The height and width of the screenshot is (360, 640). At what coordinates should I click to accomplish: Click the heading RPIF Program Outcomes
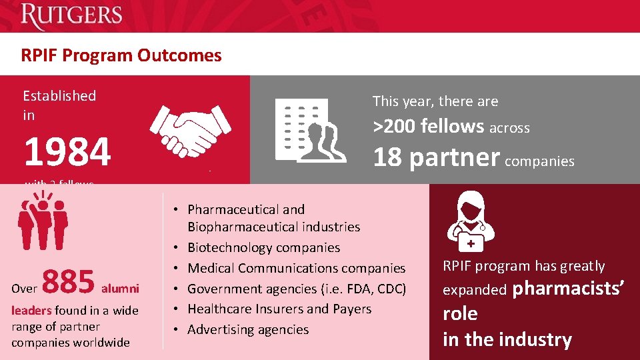[121, 55]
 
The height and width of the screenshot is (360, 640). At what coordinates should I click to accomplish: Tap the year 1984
[67, 152]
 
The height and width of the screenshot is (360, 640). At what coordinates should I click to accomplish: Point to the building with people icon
[311, 130]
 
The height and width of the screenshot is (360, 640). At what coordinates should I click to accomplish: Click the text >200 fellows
[428, 125]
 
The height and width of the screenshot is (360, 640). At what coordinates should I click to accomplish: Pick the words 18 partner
[436, 157]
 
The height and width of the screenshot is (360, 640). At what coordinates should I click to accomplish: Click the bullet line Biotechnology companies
[263, 247]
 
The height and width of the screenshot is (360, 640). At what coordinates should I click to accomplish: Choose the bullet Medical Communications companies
[296, 268]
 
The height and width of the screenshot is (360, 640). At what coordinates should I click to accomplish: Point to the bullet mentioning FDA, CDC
[297, 289]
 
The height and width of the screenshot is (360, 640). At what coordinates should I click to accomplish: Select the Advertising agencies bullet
[248, 329]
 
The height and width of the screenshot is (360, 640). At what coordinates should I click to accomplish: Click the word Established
[59, 96]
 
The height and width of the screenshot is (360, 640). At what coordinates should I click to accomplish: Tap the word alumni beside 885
[120, 288]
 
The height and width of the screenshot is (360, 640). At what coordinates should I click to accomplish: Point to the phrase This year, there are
[435, 101]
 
